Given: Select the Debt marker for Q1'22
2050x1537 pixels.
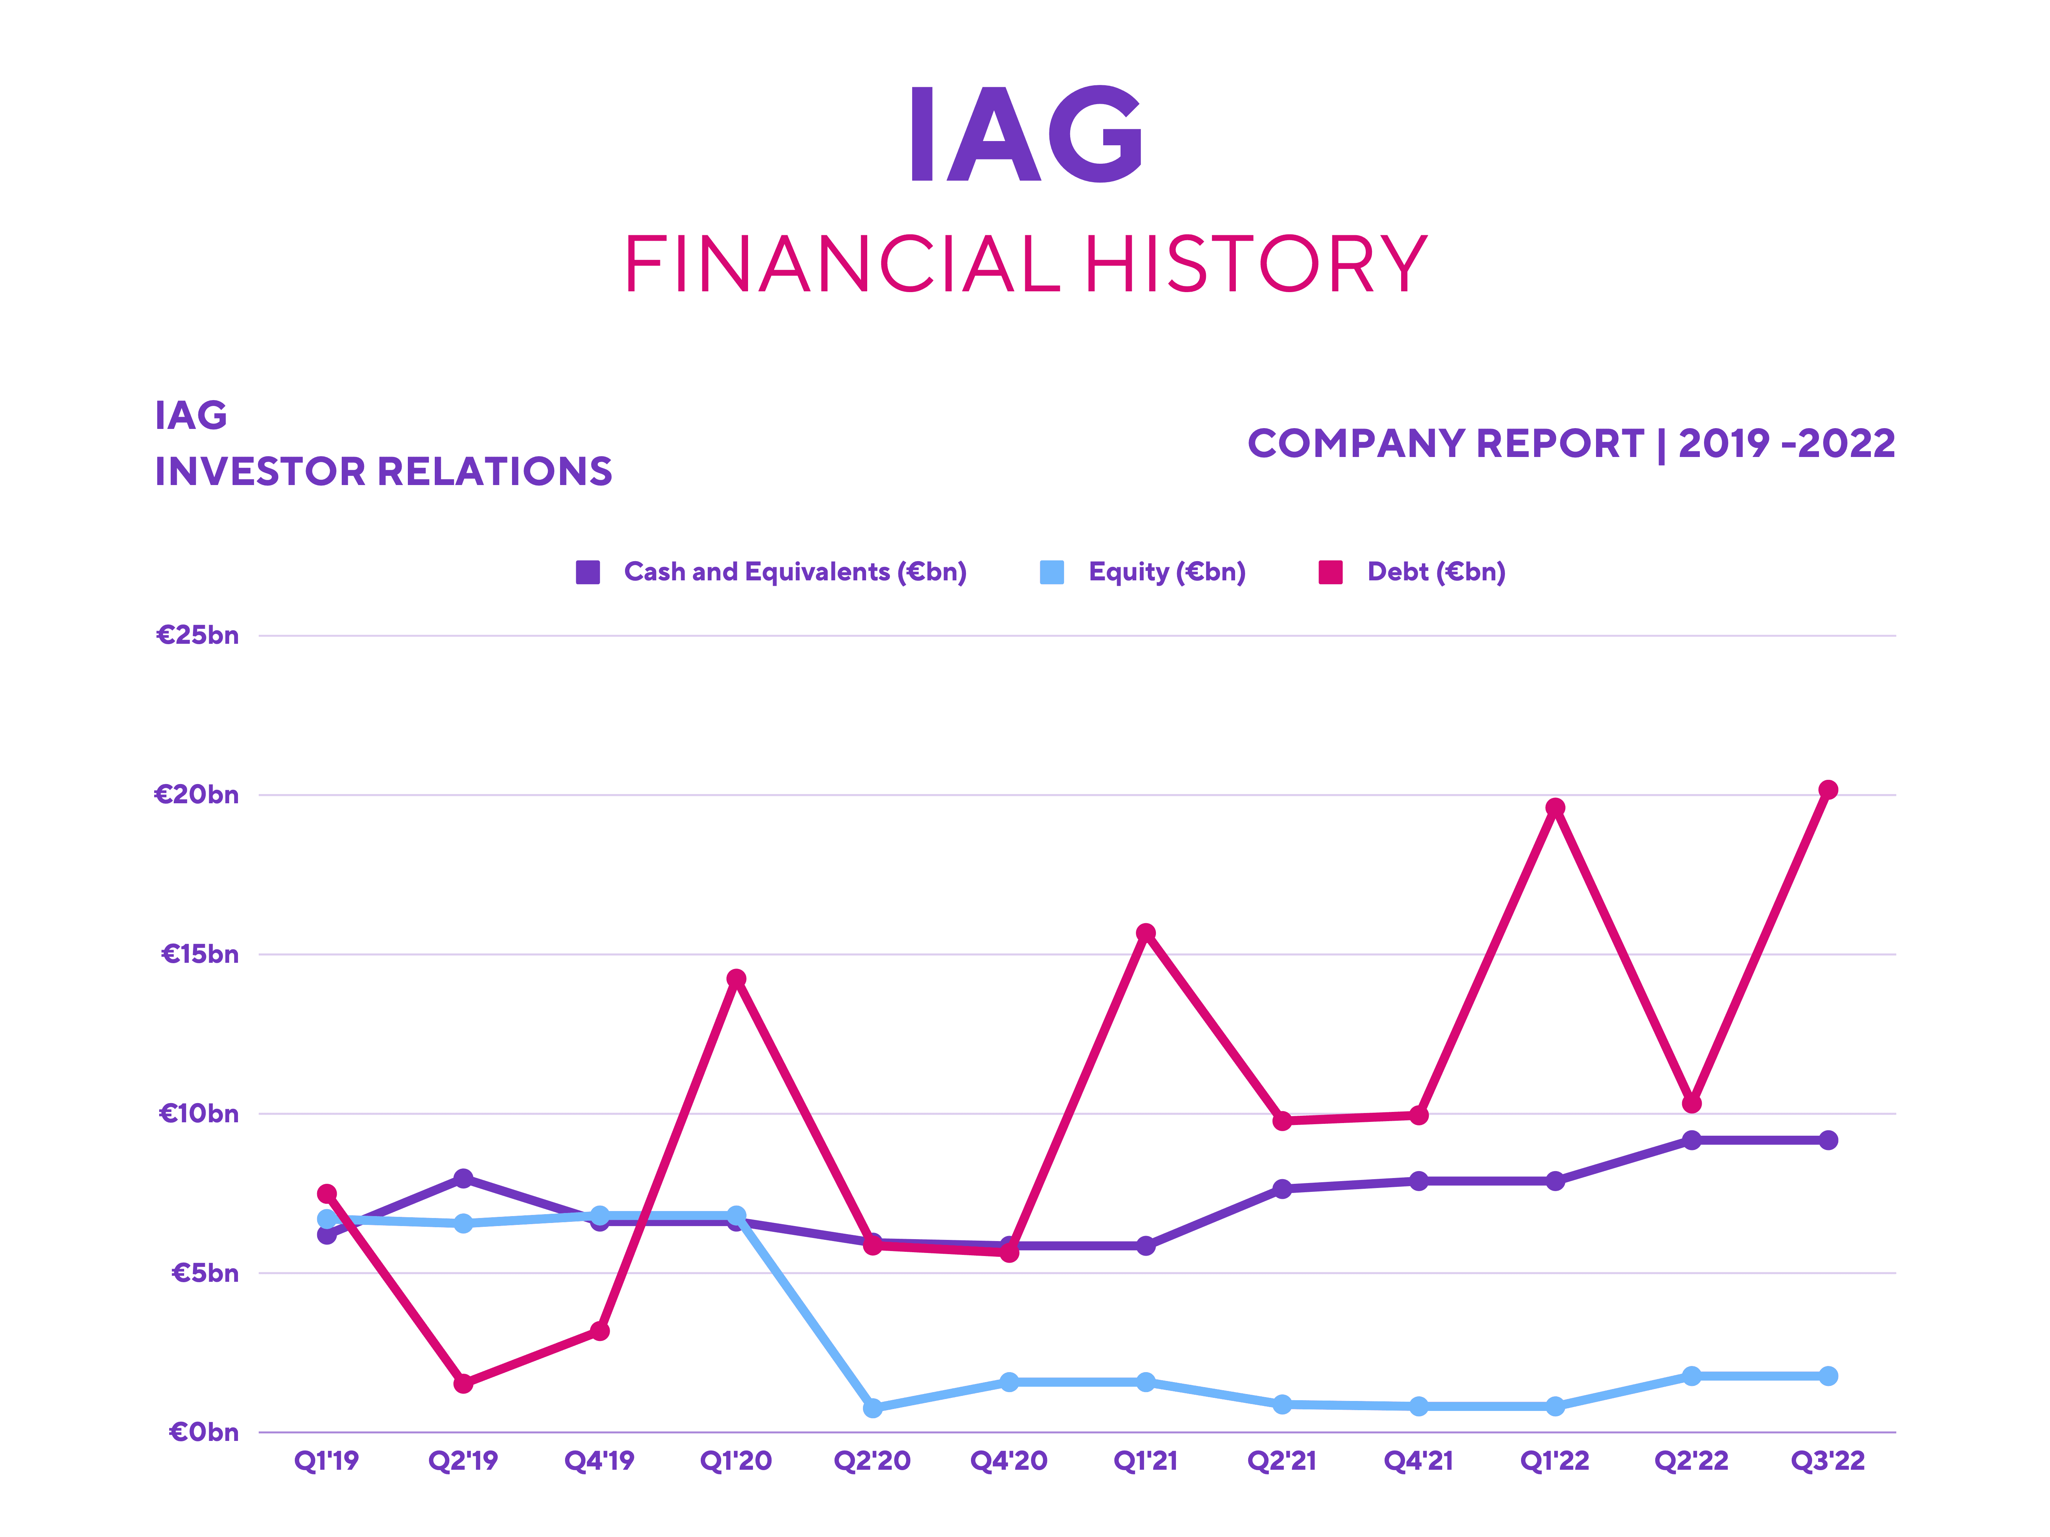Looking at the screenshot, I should tap(1555, 808).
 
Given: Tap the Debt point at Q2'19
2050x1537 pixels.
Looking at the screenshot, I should tap(463, 1383).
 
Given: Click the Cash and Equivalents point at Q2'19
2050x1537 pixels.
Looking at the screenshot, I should tap(463, 1178).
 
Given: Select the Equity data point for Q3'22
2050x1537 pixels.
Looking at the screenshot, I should tap(1827, 1376).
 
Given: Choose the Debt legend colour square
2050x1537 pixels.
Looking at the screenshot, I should tap(1331, 573).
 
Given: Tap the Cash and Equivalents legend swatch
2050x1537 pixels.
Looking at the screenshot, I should tap(588, 573).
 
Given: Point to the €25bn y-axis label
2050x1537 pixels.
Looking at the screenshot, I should tap(198, 636).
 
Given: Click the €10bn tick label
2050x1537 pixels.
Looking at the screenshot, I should tap(198, 1113).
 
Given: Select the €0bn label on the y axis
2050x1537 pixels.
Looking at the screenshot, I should tap(203, 1432).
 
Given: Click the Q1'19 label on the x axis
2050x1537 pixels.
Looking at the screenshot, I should tap(326, 1461).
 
